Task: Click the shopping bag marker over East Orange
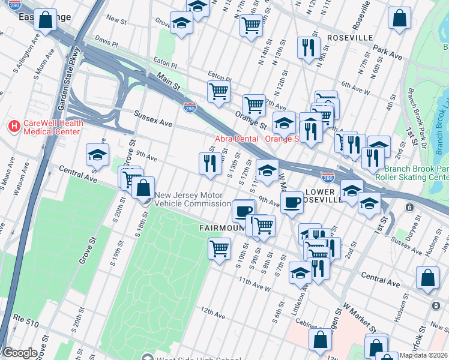[x=46, y=20]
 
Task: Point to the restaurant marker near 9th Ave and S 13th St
[x=209, y=164]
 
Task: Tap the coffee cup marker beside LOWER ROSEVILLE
[x=292, y=202]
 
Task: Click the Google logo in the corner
[x=20, y=353]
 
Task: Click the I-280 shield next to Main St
[x=188, y=107]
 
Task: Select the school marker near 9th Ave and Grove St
[x=97, y=155]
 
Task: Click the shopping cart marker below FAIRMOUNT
[x=219, y=248]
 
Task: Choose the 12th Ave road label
[x=212, y=313]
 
